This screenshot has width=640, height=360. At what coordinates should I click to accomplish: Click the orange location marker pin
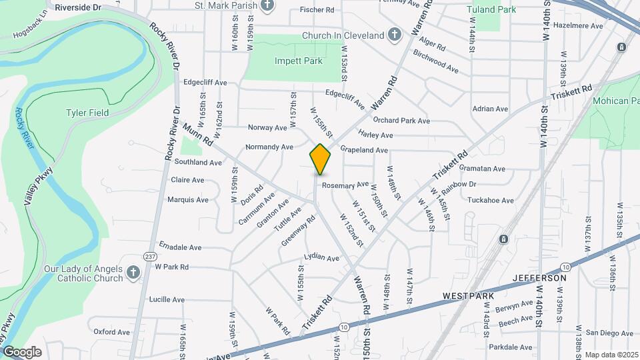pyautogui.click(x=321, y=159)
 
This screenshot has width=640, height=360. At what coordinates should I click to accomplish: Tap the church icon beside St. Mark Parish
pyautogui.click(x=267, y=6)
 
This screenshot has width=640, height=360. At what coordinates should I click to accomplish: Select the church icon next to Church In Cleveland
pyautogui.click(x=395, y=35)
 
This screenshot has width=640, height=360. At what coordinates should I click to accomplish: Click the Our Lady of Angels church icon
pyautogui.click(x=133, y=272)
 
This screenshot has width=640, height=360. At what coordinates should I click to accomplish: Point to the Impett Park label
pyautogui.click(x=299, y=61)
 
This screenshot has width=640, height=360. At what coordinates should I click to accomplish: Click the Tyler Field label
pyautogui.click(x=87, y=113)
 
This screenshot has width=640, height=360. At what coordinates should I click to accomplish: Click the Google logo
pyautogui.click(x=22, y=351)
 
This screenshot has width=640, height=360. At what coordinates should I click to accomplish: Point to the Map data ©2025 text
pyautogui.click(x=611, y=355)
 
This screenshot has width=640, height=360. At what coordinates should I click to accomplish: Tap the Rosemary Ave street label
pyautogui.click(x=345, y=185)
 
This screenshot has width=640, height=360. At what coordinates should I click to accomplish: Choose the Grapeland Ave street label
pyautogui.click(x=364, y=150)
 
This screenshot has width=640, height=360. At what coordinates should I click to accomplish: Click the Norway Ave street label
pyautogui.click(x=267, y=127)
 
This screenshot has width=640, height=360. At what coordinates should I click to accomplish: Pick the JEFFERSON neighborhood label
pyautogui.click(x=539, y=277)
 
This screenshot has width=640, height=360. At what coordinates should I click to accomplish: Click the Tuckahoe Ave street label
pyautogui.click(x=491, y=200)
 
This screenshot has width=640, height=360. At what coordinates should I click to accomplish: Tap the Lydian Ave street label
pyautogui.click(x=322, y=257)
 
